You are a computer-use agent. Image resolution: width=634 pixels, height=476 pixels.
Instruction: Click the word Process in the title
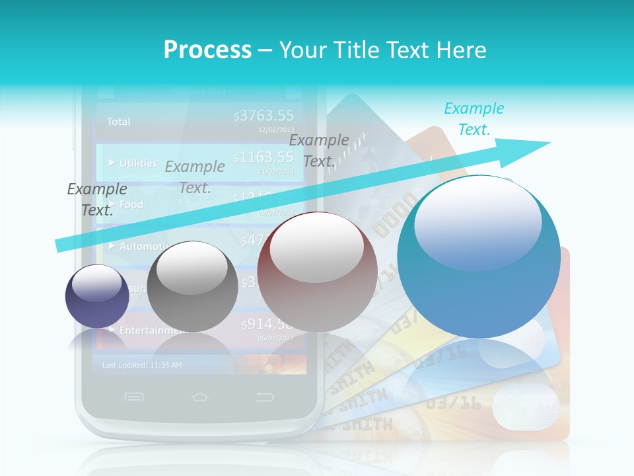coord(207,50)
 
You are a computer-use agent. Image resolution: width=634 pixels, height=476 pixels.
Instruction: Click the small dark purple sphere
coord(97,296)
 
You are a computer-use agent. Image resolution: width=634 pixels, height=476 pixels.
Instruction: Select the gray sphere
coord(192,286)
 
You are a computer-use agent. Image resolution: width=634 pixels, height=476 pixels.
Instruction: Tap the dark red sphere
coord(318,272)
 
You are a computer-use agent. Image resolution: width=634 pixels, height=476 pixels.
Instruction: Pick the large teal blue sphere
coord(479,257)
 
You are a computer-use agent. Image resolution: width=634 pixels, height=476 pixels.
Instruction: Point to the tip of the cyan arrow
coord(548,142)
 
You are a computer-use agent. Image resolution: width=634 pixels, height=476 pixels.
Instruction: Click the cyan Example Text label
coord(474,119)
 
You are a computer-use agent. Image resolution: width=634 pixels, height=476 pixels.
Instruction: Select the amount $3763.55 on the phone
coord(264,116)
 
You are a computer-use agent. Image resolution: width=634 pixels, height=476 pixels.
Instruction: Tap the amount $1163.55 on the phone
coord(264,157)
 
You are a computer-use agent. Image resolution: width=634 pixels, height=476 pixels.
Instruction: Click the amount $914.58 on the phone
coord(266,324)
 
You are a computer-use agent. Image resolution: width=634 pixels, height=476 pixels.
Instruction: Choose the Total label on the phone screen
coord(119,122)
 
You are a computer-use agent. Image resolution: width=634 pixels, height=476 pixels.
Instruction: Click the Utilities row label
coord(138,163)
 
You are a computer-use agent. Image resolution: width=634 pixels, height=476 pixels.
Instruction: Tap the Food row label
coord(131,205)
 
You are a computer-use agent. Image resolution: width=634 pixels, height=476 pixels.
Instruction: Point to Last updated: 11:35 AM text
coord(142,365)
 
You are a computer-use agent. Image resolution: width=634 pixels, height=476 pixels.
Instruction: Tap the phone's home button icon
coord(199,397)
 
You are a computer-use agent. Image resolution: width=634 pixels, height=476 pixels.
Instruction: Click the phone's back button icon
coord(265,397)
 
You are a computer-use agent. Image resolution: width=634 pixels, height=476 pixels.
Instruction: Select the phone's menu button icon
coord(134,397)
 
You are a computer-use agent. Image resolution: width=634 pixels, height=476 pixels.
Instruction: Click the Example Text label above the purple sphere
coord(97,200)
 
